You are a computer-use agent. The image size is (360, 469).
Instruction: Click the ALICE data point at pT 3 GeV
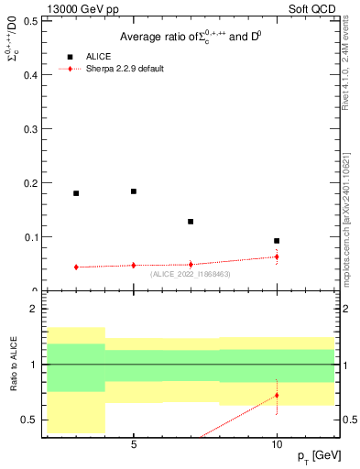pyautogui.click(x=76, y=193)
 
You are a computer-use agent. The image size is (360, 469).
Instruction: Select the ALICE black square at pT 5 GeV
pyautogui.click(x=134, y=191)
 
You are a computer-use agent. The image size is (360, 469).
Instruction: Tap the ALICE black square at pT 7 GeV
pyautogui.click(x=191, y=222)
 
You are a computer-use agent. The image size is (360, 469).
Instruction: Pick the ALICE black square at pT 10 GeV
pyautogui.click(x=277, y=241)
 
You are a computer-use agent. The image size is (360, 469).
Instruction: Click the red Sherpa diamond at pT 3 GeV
pyautogui.click(x=76, y=267)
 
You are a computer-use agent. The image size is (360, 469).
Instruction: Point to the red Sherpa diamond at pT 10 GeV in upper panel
pyautogui.click(x=277, y=256)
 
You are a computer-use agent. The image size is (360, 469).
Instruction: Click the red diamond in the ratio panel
pyautogui.click(x=277, y=396)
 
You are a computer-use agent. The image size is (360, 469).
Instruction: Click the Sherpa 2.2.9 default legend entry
pyautogui.click(x=125, y=69)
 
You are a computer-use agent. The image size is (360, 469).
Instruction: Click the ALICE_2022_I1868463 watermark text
pyautogui.click(x=191, y=274)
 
